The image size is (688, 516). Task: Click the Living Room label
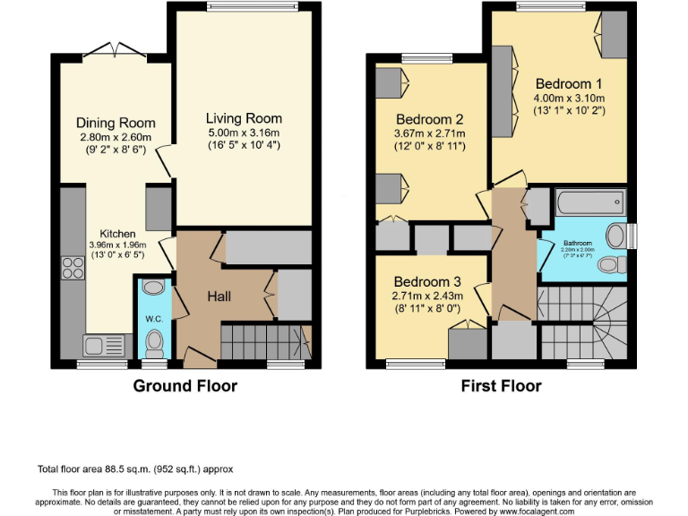click(x=244, y=118)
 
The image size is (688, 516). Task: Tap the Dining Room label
click(x=116, y=123)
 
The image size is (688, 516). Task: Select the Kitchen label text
click(x=117, y=234)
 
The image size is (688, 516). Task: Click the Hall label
click(x=221, y=296)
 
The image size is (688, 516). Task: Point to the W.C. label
click(x=153, y=317)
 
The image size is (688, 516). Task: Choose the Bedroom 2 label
click(x=430, y=119)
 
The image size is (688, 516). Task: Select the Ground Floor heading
click(x=185, y=386)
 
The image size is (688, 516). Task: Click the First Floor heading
click(x=501, y=386)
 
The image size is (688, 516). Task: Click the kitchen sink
click(x=95, y=344)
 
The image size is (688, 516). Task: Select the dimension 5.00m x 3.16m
click(x=244, y=132)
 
